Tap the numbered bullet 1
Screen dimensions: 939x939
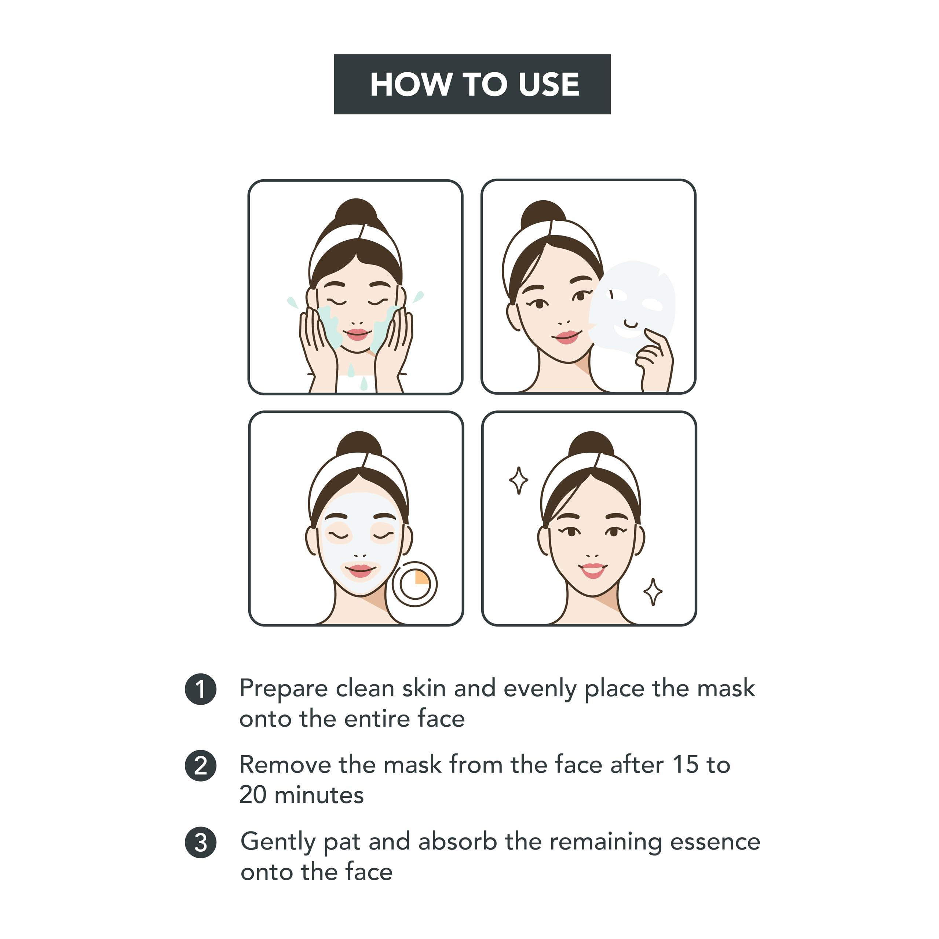200,689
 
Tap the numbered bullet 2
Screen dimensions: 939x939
200,767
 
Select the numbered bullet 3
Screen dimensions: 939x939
200,843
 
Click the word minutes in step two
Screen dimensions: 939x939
319,796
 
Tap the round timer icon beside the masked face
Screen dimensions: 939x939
414,584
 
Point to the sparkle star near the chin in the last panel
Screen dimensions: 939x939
653,592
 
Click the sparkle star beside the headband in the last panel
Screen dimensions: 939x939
519,480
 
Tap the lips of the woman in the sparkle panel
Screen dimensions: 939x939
592,570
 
